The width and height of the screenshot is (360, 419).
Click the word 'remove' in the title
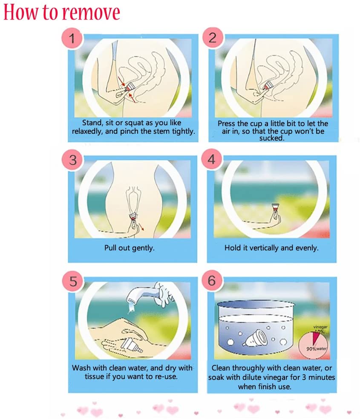(91, 12)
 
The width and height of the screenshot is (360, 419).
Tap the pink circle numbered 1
(72, 38)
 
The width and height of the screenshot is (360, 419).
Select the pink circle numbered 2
(213, 37)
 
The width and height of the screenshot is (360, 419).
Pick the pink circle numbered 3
(73, 160)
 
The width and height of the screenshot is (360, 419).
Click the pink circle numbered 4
(211, 159)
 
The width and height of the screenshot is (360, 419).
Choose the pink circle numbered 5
(73, 281)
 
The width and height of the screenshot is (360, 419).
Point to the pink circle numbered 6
(212, 281)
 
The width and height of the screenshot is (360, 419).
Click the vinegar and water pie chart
(313, 345)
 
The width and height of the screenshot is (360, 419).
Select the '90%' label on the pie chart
(311, 349)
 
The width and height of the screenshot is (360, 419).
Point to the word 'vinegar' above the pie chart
(320, 327)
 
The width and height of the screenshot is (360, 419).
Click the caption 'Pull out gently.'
(130, 248)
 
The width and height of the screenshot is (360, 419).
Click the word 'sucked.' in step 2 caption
(271, 138)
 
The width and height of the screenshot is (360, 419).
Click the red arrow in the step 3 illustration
(141, 227)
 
